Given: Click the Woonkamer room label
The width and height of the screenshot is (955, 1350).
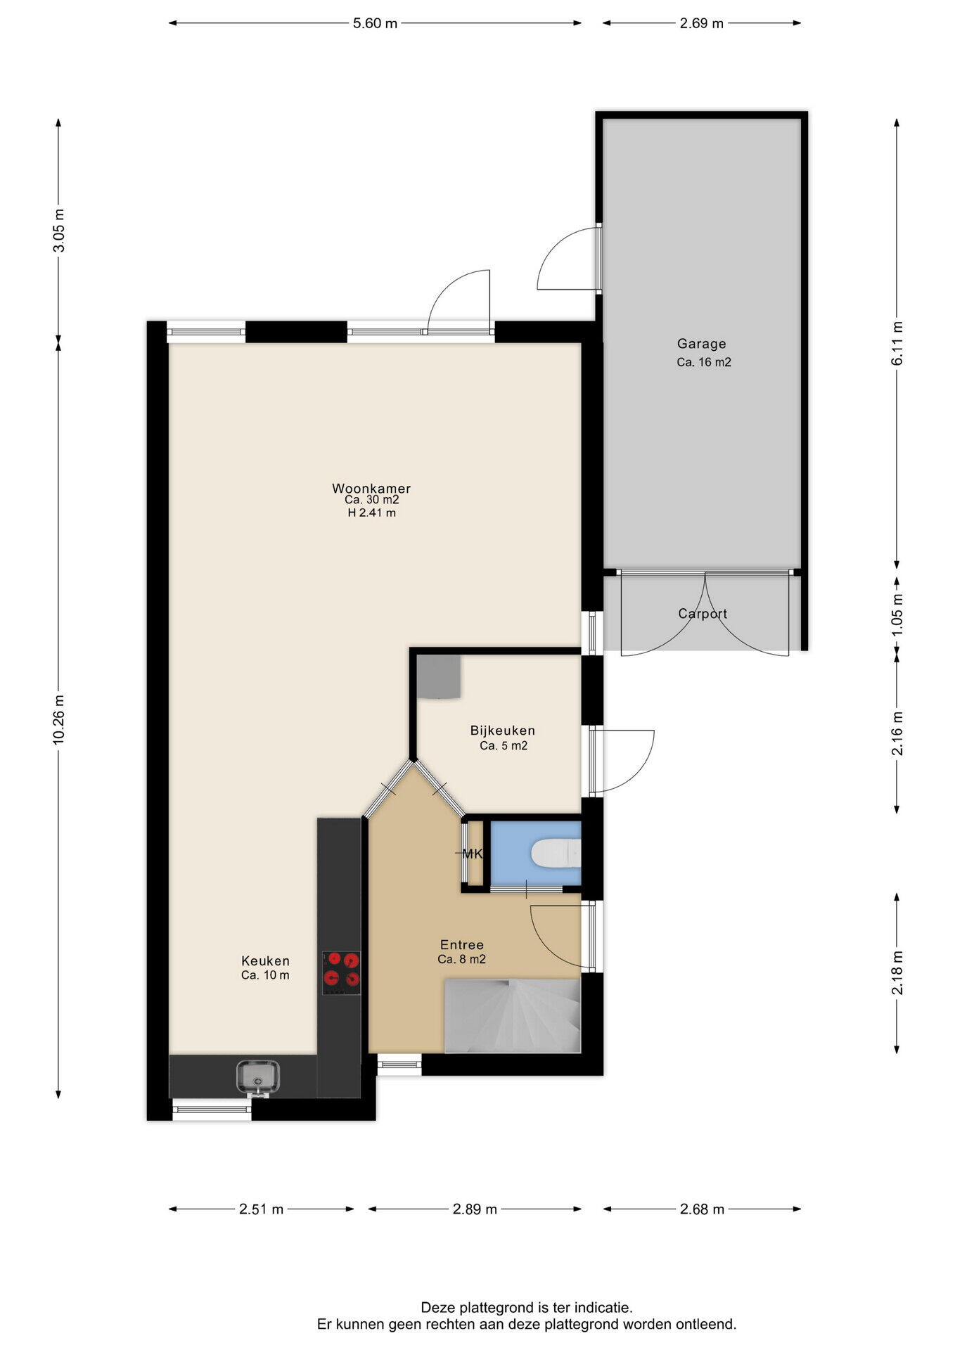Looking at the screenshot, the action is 371,488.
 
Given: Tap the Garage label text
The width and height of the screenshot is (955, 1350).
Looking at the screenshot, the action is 701,344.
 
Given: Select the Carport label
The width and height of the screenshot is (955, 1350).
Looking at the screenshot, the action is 703,614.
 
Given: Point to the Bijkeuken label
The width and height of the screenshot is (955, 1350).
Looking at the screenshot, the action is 503,731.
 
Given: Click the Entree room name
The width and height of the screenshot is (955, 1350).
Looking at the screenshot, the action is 462,945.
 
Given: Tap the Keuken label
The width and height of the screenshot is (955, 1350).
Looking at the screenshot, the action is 265,961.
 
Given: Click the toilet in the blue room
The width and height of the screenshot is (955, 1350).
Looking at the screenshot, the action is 556,854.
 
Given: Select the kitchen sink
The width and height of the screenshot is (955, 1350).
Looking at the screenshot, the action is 258,1077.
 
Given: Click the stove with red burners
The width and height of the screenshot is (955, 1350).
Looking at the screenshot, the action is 341,972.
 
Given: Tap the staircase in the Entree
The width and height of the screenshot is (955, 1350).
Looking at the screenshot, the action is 512,1016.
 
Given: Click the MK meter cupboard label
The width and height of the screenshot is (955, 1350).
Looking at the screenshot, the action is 473,854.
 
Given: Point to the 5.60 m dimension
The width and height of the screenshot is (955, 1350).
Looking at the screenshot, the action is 375,23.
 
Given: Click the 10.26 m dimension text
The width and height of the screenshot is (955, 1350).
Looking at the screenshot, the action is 59,719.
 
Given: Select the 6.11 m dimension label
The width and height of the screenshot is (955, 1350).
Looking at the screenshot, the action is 897,343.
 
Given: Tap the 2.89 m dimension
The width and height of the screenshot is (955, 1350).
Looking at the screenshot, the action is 475,1209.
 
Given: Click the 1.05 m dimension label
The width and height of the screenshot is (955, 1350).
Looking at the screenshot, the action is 897,616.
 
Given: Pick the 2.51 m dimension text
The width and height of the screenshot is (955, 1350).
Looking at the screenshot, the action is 261,1209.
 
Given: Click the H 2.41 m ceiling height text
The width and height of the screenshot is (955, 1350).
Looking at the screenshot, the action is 371,513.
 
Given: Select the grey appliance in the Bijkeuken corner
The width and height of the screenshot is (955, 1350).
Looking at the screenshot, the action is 439,677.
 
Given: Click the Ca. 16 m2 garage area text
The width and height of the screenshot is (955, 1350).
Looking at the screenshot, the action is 704,363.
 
